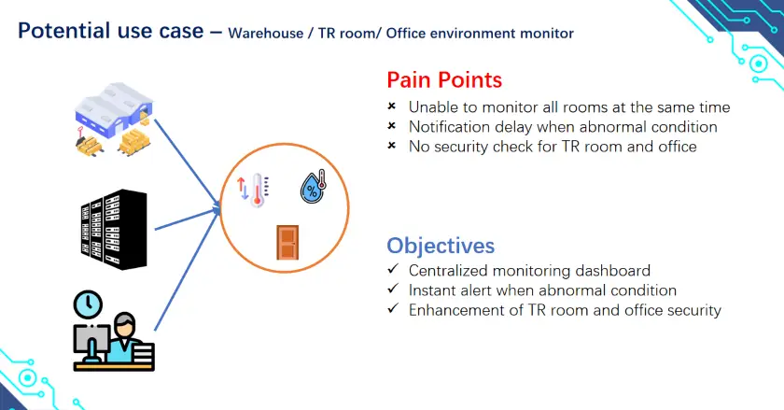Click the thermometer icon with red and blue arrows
(x=254, y=189)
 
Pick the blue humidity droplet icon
(x=312, y=187)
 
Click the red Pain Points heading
(x=444, y=79)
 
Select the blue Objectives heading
(x=441, y=246)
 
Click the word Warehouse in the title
(x=272, y=33)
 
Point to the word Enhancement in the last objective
(x=453, y=310)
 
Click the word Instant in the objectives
(x=434, y=290)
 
